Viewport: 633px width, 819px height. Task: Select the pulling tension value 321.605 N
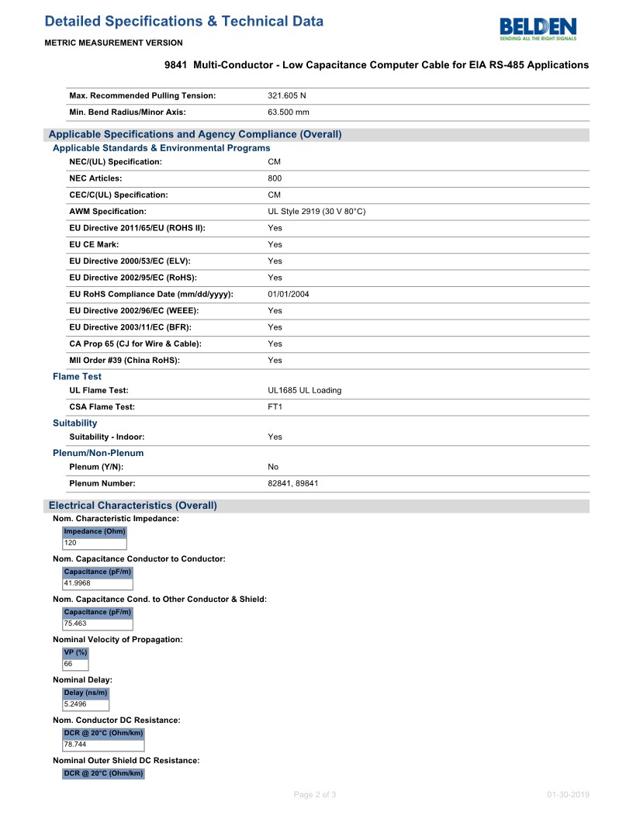tap(287, 95)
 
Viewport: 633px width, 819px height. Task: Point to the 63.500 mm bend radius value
tap(289, 112)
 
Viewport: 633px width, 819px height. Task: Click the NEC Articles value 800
tap(275, 178)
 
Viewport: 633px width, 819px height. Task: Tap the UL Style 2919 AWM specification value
tap(316, 211)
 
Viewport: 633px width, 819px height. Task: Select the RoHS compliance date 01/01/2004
tap(289, 294)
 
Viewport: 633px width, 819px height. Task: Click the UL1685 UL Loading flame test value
tap(304, 390)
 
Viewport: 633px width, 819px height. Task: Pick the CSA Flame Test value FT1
tap(275, 406)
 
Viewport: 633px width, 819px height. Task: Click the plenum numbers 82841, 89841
tap(292, 483)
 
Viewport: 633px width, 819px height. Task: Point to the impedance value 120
tap(71, 543)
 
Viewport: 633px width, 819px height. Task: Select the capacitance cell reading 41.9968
tap(78, 583)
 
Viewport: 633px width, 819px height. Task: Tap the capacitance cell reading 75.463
tap(75, 623)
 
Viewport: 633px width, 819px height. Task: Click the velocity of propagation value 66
tap(68, 664)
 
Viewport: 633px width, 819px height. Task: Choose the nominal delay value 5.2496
tap(75, 704)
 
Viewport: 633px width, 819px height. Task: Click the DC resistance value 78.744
tap(75, 744)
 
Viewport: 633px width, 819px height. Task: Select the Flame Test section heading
tap(77, 376)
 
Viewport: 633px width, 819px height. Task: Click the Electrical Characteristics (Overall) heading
tap(133, 506)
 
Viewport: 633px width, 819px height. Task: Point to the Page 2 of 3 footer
tap(315, 794)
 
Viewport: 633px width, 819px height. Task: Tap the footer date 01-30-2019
tap(568, 794)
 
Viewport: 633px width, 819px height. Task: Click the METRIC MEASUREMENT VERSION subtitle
tap(114, 43)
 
